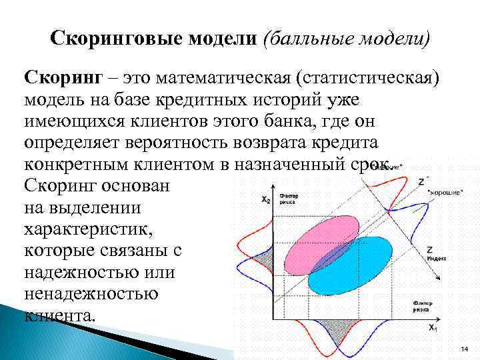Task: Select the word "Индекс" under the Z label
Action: [437, 257]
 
